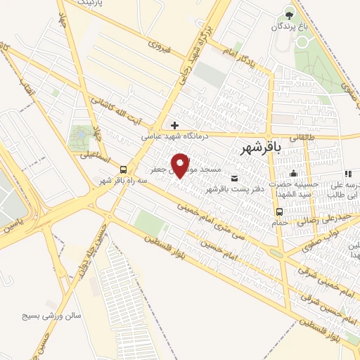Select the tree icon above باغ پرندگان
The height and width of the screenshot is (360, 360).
[x=288, y=14]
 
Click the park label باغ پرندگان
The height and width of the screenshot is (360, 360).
[x=289, y=27]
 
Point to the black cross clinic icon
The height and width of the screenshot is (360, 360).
[x=174, y=125]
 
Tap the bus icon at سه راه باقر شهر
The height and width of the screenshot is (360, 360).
[x=124, y=169]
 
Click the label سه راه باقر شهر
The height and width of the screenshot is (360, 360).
[x=123, y=181]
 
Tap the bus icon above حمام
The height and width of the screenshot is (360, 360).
[x=281, y=211]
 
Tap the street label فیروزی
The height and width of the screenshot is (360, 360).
[x=155, y=48]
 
